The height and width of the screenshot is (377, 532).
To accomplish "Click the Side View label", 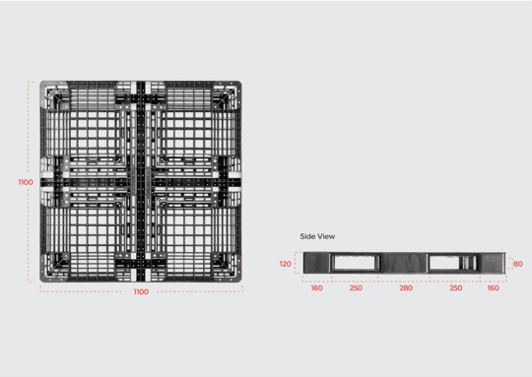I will (x=318, y=236).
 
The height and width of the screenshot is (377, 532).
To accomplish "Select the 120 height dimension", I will (x=286, y=264).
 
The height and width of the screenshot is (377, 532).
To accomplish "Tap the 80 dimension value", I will (x=518, y=264).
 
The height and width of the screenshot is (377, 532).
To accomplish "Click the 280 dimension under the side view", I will (x=406, y=288).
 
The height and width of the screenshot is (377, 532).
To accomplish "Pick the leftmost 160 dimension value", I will (x=316, y=288).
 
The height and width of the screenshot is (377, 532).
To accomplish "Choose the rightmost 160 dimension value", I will (x=493, y=288).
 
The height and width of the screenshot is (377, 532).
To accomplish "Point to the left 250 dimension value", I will (x=356, y=288).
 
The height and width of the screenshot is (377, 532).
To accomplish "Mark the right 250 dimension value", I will (x=455, y=288).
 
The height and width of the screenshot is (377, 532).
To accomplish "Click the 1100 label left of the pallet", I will (x=26, y=182).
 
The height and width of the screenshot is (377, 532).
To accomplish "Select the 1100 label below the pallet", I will (x=141, y=292).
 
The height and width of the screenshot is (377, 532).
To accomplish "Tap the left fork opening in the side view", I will (x=356, y=263).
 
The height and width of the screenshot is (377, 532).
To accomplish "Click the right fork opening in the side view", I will (x=454, y=263).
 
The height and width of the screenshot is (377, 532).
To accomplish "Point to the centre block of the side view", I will (x=405, y=263).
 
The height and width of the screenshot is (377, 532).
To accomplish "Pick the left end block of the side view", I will (x=316, y=263).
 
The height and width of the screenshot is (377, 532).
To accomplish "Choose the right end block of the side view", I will (x=494, y=263).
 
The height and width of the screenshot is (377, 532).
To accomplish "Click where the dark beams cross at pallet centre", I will (x=141, y=182).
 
